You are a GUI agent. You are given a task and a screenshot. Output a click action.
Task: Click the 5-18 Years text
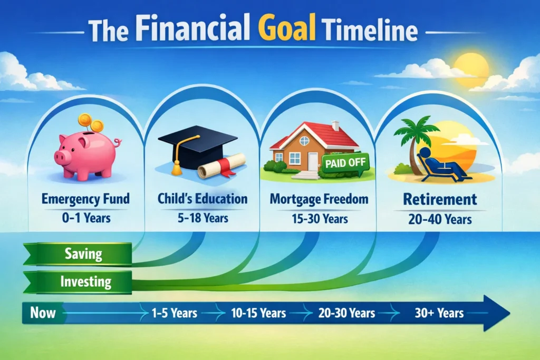(x=202, y=216)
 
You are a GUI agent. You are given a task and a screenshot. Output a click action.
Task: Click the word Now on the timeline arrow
(x=43, y=313)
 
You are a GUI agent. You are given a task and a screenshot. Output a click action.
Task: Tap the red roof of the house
(x=316, y=134)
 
